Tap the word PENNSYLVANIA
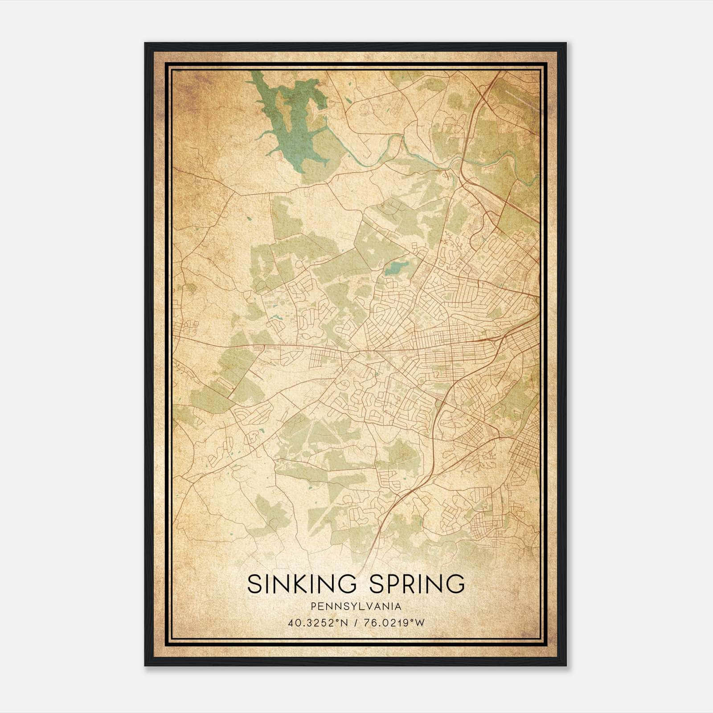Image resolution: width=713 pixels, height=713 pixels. coord(356,606)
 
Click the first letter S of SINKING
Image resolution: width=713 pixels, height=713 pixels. coord(254,584)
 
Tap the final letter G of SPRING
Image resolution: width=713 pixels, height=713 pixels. coord(456,584)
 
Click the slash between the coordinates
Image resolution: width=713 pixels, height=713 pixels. coord(356,623)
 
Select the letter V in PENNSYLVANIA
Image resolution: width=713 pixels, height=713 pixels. coord(369,606)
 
